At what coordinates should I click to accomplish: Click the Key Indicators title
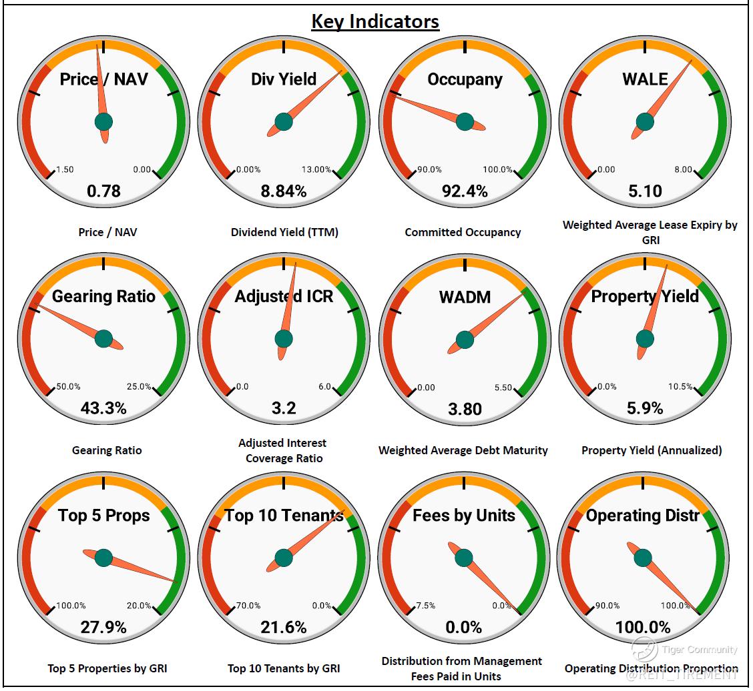tap(375, 21)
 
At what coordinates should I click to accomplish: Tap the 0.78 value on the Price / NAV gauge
tap(103, 191)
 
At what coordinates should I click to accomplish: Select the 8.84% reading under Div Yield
tap(284, 191)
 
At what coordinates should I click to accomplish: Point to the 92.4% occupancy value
tap(464, 191)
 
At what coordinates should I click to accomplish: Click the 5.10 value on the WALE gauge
tap(645, 191)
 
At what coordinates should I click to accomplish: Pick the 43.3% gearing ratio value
tap(103, 408)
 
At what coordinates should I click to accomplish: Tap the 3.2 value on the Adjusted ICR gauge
tap(284, 408)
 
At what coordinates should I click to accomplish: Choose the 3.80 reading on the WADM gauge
tap(464, 408)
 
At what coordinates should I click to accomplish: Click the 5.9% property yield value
tap(645, 408)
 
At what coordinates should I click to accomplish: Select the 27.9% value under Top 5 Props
tap(103, 627)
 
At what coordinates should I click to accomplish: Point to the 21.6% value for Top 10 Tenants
tap(284, 627)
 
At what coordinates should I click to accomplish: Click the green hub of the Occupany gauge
tap(465, 122)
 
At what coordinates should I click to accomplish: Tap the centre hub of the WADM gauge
tap(465, 339)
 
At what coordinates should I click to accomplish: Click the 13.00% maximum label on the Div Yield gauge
tap(316, 169)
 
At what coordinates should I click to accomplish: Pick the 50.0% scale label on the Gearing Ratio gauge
tap(68, 387)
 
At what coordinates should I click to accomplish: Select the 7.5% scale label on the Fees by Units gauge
tap(426, 606)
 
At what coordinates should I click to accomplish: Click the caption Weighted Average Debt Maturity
tap(463, 450)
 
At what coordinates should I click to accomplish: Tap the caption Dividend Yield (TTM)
tap(284, 232)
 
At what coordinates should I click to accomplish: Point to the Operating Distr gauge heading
tap(643, 516)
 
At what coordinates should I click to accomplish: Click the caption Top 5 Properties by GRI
tap(107, 668)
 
